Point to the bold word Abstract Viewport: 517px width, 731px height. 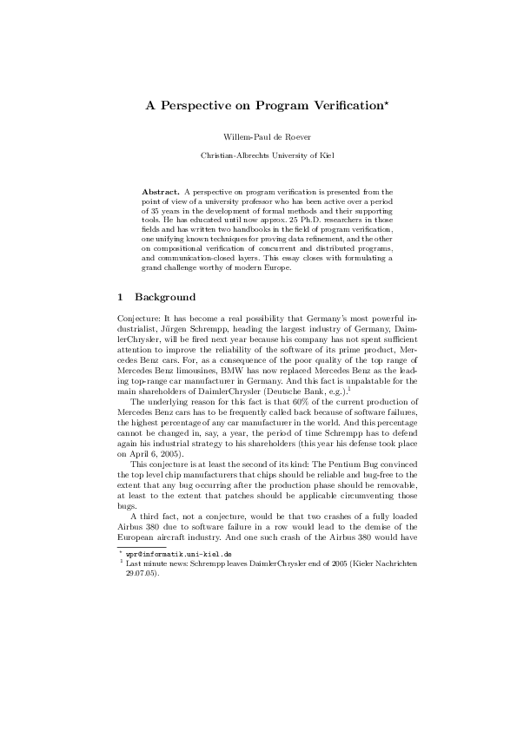(x=160, y=190)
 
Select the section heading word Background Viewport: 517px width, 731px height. (x=165, y=297)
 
